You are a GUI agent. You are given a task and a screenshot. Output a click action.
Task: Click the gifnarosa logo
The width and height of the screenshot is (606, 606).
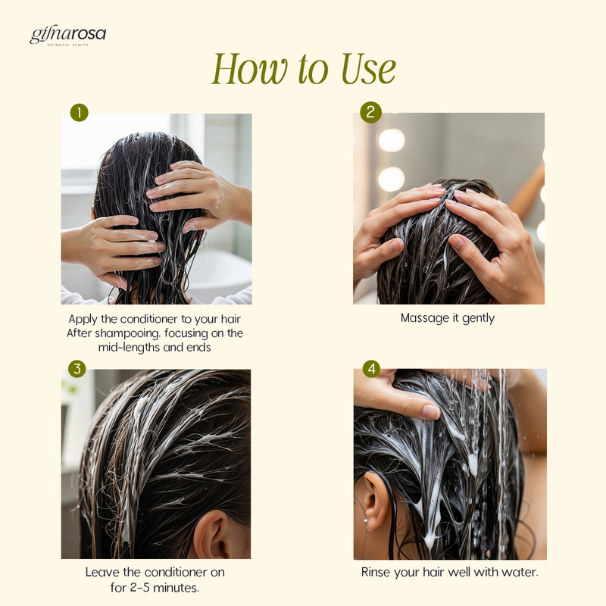click(x=67, y=36)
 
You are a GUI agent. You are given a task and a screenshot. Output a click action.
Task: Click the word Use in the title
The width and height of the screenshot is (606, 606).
click(x=368, y=69)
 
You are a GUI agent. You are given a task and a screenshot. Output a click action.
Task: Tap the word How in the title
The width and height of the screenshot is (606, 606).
click(x=249, y=69)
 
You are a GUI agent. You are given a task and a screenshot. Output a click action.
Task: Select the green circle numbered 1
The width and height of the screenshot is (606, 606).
click(x=80, y=112)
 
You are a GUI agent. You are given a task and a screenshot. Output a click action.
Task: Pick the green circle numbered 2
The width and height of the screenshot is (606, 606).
click(x=370, y=112)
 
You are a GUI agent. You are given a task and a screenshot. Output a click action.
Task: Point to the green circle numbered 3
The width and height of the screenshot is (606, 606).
click(x=77, y=369)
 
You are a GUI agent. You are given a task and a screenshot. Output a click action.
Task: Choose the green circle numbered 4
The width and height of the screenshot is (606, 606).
click(x=371, y=369)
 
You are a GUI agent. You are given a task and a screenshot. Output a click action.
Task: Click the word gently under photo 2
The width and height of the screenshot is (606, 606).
click(x=479, y=318)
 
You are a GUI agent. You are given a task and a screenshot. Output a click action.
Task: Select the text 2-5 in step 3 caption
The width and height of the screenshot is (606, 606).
click(x=139, y=588)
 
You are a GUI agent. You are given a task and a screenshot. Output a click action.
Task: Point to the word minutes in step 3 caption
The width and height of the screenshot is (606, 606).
click(x=176, y=588)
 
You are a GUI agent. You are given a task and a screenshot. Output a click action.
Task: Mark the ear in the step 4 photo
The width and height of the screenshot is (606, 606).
click(x=376, y=501)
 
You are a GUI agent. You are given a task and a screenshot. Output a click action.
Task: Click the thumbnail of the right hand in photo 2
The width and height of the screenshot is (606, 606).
click(x=458, y=242)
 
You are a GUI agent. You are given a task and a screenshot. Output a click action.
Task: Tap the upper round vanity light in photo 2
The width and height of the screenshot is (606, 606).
click(x=392, y=140)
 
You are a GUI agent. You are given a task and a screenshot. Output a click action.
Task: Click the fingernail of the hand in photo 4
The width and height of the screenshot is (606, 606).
click(x=430, y=411)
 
